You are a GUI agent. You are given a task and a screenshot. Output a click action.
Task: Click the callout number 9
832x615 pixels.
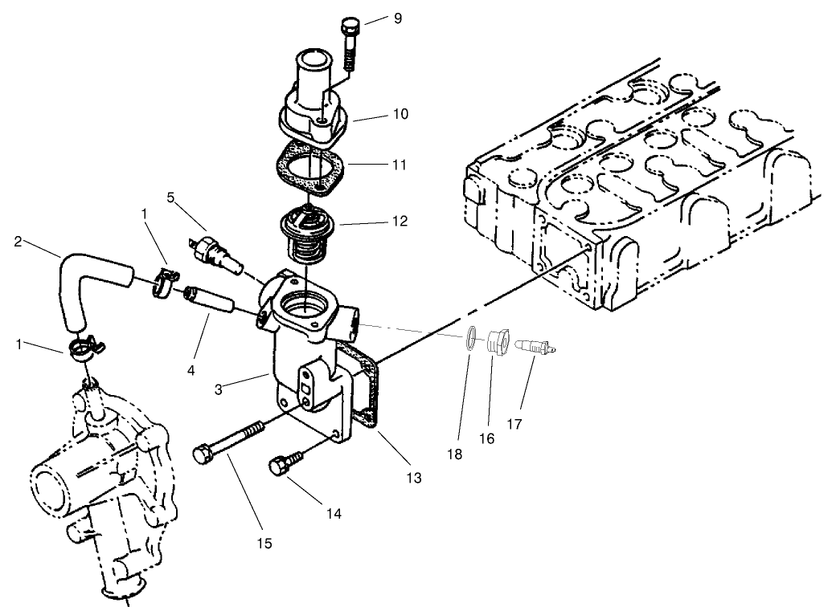pos(397,17)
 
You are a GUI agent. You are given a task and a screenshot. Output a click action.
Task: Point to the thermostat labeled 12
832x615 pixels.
pos(308,233)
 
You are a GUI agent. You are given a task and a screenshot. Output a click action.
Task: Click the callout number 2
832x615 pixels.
pos(18,240)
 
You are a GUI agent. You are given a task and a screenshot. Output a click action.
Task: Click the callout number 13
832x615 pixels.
pos(415,478)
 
